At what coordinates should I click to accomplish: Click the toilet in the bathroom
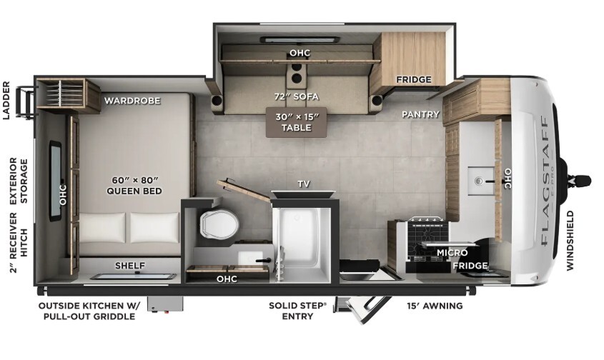(219, 225)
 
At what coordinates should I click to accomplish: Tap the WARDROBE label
(132, 101)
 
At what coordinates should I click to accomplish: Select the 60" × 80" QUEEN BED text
(134, 185)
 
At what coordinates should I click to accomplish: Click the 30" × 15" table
(297, 122)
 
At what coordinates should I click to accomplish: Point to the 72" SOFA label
(297, 96)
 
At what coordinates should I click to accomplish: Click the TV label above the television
(304, 184)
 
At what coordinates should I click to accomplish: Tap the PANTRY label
(420, 114)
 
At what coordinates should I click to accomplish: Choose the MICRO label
(452, 253)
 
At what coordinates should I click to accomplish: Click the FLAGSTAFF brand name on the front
(544, 181)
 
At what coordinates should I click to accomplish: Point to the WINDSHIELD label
(570, 240)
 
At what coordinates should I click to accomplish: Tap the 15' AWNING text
(435, 306)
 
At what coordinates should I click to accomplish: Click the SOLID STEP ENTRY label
(297, 311)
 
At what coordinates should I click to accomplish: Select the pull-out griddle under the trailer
(166, 304)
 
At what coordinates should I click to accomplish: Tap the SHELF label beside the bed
(130, 266)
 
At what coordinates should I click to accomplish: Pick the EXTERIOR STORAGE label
(19, 181)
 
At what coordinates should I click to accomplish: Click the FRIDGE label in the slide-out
(414, 80)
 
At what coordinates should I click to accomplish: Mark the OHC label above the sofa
(299, 53)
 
